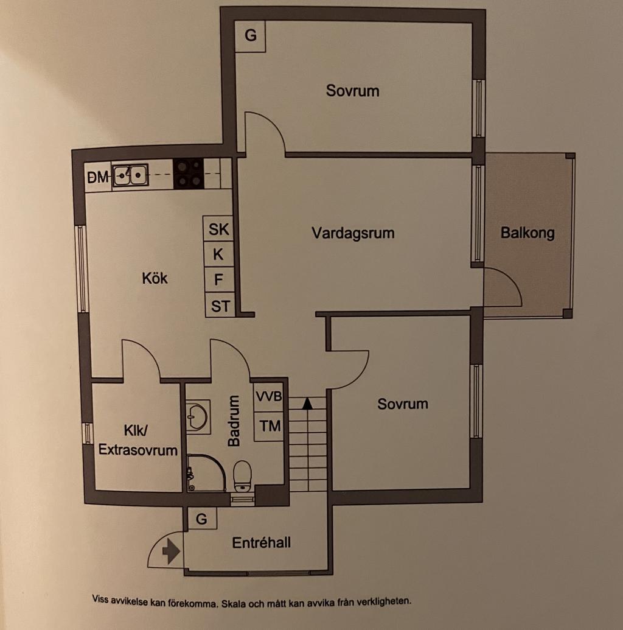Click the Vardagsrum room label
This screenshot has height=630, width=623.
pyautogui.click(x=353, y=233)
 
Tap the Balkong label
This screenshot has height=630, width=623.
pyautogui.click(x=527, y=233)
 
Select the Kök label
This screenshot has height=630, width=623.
pyautogui.click(x=155, y=279)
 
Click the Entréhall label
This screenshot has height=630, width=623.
pyautogui.click(x=261, y=542)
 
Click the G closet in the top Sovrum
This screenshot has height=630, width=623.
pyautogui.click(x=251, y=36)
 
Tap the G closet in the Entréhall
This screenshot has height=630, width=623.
pyautogui.click(x=202, y=519)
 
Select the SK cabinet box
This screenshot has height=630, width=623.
pyautogui.click(x=219, y=229)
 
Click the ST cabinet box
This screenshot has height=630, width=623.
pyautogui.click(x=220, y=306)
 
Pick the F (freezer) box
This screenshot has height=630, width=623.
pyautogui.click(x=219, y=280)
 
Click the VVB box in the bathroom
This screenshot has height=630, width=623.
pyautogui.click(x=268, y=397)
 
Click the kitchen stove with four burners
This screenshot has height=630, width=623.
pyautogui.click(x=189, y=173)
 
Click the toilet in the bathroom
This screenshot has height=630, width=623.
pyautogui.click(x=242, y=475)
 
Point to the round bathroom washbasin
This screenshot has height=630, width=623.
pyautogui.click(x=197, y=418)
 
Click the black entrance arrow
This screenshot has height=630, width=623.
pyautogui.click(x=171, y=552)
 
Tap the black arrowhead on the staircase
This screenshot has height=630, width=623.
pyautogui.click(x=307, y=402)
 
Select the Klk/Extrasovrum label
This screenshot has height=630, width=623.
pyautogui.click(x=138, y=440)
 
